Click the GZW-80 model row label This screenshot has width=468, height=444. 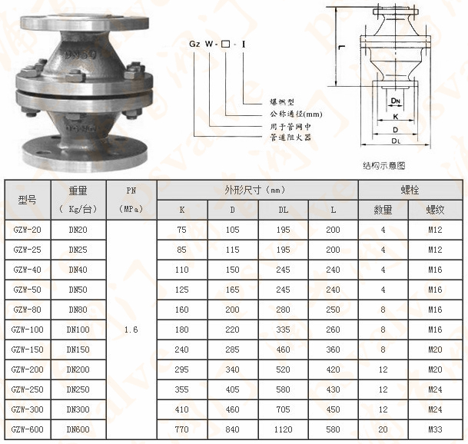[x=27, y=310]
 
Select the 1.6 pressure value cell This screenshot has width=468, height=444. [x=131, y=329]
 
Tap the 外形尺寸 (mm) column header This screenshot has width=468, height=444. [x=257, y=189]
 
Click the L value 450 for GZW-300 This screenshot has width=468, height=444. [x=332, y=409]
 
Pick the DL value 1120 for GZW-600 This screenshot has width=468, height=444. [x=284, y=429]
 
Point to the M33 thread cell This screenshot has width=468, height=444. [x=435, y=429]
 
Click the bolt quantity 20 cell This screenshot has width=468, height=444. [x=383, y=429]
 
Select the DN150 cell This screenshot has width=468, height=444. [x=78, y=350]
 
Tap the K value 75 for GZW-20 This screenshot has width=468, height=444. [x=181, y=230]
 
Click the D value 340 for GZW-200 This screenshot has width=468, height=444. [x=233, y=369]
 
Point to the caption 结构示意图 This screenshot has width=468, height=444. [x=383, y=164]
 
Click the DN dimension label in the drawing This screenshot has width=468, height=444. [x=394, y=101]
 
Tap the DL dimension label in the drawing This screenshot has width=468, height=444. [x=394, y=141]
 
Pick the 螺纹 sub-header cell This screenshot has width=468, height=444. [x=435, y=209]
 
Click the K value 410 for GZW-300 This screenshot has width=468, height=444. [x=181, y=409]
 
